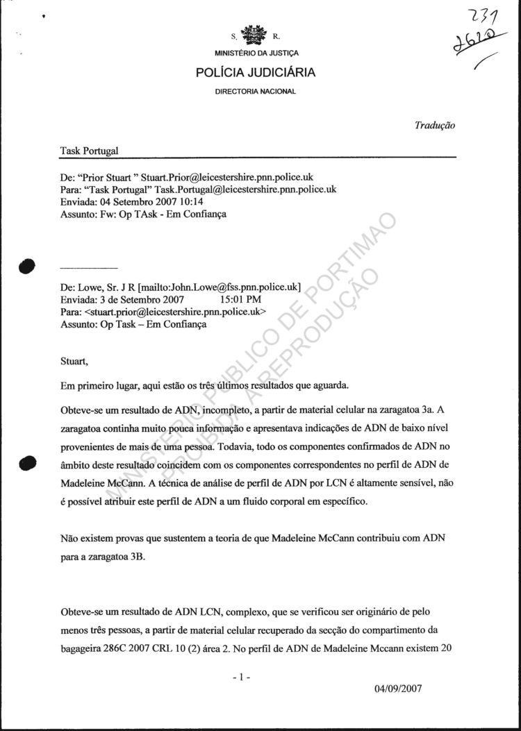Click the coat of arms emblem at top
coord(254,35)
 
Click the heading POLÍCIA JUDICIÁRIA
coord(256,72)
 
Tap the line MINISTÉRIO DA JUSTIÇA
coord(256,53)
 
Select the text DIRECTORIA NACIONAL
coord(256,91)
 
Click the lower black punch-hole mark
coord(28,462)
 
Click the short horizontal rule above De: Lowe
coord(89,267)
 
